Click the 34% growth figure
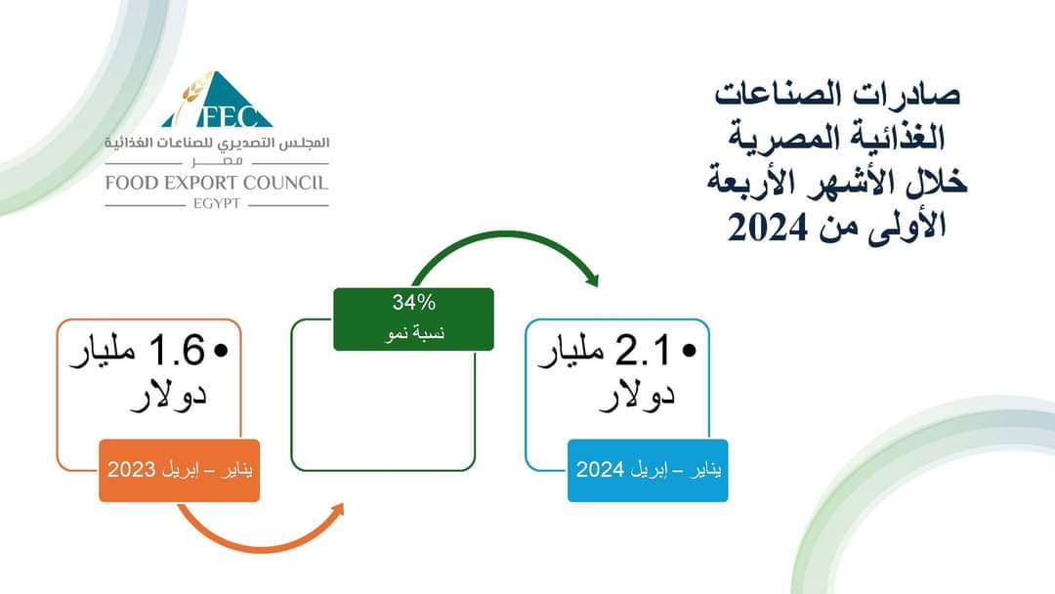click(x=414, y=303)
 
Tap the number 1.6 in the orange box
click(x=176, y=351)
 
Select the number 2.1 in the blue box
click(x=644, y=351)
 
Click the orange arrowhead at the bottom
click(x=336, y=511)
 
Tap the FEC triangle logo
click(x=217, y=100)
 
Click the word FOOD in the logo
click(x=131, y=183)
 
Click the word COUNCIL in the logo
click(x=286, y=183)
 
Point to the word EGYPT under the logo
click(x=217, y=204)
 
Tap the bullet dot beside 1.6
click(x=222, y=351)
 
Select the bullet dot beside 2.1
click(x=689, y=351)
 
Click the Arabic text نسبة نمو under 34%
click(x=414, y=333)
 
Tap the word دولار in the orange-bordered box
click(x=168, y=394)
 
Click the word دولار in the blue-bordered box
click(x=637, y=394)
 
